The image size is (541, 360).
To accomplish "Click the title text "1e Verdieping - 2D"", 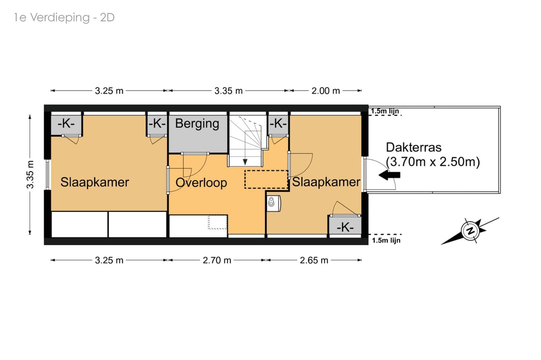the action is coord(64,18).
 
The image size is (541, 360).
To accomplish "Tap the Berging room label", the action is coord(197,124).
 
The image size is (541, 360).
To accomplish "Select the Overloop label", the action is coord(201,183).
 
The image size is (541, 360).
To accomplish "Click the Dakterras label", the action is coord(414,147).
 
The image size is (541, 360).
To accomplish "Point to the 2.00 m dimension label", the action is coord(326,91).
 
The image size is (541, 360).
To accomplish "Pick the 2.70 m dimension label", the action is coord(217,260).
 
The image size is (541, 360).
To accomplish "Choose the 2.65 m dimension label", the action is coord(314,260).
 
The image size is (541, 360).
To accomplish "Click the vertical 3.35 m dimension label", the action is coord(31,174).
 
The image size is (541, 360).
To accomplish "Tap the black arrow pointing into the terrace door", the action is coord(390,175).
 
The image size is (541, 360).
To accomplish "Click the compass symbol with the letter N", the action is coord(470,230).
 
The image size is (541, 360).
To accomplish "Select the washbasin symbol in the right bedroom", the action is coord(274,203).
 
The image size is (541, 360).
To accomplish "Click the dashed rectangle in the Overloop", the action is coord(266,179).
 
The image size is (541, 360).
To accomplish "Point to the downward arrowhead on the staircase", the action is coord(245,162).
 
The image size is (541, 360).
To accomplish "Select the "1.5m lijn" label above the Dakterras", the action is coord(385,111).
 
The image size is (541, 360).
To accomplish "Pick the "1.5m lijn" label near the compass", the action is coord(386,240).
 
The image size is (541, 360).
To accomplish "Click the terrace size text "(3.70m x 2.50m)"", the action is coord(433,162).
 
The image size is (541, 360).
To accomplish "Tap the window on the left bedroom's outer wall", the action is coord(48,174).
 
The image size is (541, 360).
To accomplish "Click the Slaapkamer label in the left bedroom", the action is coord(95,182).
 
